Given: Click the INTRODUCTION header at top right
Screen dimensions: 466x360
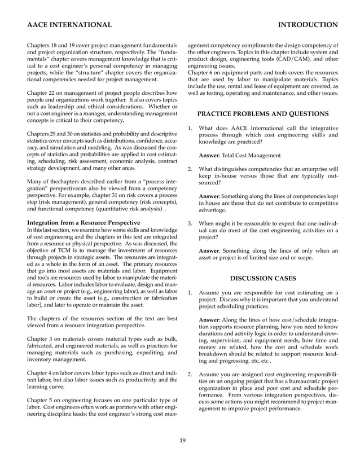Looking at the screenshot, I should pos(308,25).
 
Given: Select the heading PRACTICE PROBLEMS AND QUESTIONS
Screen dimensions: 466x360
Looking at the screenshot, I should pos(262,114).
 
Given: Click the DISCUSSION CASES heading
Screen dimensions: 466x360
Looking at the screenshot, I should pos(263,278).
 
